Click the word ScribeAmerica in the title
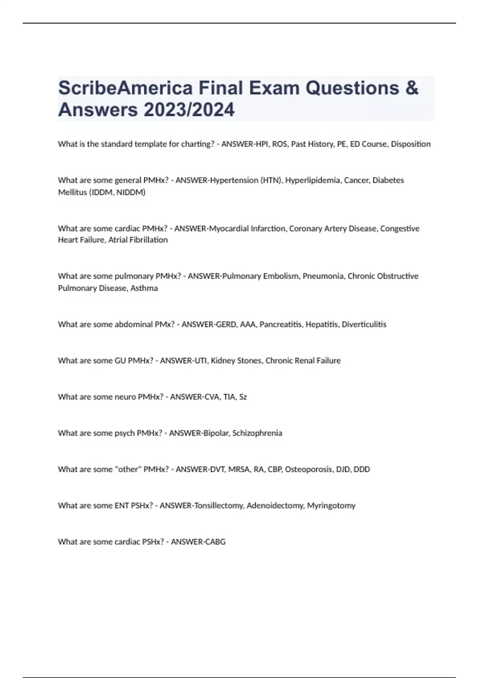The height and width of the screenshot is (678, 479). pos(125,88)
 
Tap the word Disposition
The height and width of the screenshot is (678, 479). pos(411,144)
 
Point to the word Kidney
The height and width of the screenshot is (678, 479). pos(223,361)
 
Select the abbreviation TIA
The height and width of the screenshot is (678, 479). pos(229,397)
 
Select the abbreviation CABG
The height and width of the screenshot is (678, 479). pos(215,542)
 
